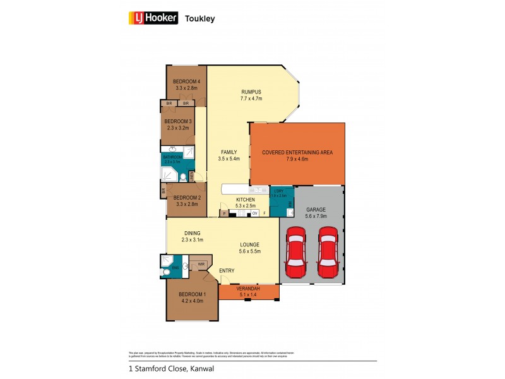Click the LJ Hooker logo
(153, 18)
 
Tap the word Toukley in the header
(199, 18)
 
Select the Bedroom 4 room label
(186, 81)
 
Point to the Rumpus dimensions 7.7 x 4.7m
(251, 99)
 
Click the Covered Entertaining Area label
(297, 152)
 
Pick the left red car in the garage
(295, 253)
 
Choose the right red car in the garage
(328, 253)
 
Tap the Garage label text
(316, 209)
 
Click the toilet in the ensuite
(165, 273)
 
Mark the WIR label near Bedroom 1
(201, 264)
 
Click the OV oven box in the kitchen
(254, 214)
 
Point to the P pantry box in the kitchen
(224, 214)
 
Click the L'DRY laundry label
(278, 190)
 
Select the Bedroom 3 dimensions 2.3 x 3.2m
(178, 128)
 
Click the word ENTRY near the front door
(227, 271)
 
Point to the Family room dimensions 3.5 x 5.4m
(228, 159)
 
